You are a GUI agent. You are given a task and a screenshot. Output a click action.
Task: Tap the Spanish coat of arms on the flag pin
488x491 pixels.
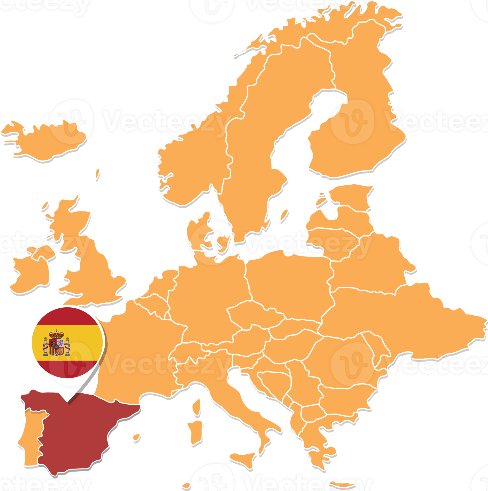point(56,343)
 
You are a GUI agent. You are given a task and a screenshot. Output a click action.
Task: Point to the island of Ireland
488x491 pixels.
point(31,274)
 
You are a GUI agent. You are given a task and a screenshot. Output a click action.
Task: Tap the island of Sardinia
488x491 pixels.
point(196,432)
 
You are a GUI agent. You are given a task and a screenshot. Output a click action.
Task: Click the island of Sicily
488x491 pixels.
point(243,460)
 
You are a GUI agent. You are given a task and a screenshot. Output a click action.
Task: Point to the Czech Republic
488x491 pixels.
point(253,315)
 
